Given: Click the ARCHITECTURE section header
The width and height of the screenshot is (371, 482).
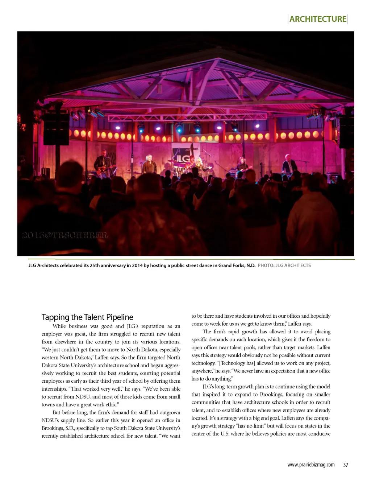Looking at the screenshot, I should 318,19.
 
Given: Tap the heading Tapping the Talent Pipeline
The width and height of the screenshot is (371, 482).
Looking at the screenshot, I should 87,317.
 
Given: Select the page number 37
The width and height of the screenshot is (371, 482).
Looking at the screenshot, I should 345,465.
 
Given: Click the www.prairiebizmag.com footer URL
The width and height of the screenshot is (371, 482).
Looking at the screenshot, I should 311,465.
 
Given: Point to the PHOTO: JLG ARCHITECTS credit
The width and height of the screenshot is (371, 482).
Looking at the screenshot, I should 284,265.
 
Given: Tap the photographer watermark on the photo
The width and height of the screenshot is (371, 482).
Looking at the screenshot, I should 64,235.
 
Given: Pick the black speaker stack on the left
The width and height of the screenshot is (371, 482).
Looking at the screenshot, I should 56,128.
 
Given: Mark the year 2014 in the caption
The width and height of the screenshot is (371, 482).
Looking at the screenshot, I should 137,265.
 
